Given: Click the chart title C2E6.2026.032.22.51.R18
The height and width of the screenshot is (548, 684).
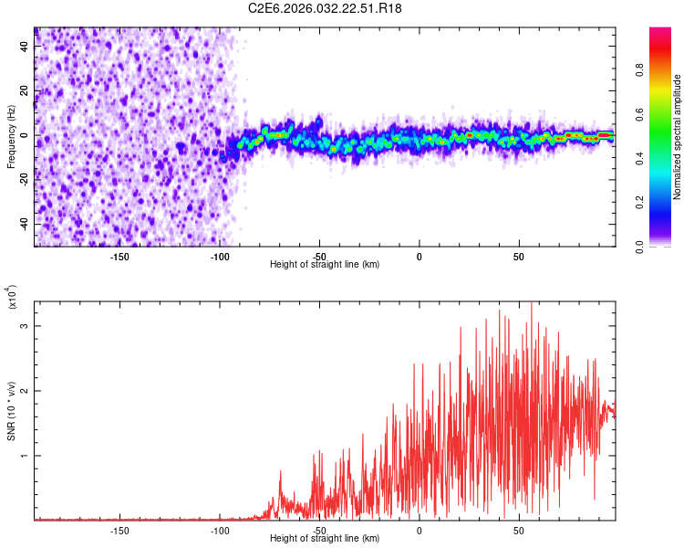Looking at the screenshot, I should coord(326,8).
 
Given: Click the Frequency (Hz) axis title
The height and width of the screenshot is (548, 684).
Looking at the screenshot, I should coord(11,137).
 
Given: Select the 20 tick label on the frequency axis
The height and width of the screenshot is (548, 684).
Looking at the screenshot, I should coord(25,90).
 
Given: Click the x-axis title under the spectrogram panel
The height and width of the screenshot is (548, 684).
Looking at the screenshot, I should coord(325,265).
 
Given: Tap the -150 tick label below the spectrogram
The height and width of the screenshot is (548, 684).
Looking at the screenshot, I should coord(119,256).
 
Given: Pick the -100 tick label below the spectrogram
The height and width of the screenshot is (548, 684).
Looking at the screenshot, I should coord(219,256).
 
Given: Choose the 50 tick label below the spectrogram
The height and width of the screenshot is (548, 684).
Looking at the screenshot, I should coord(518,256).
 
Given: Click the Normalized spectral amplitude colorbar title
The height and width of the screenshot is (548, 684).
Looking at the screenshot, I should coord(678,137).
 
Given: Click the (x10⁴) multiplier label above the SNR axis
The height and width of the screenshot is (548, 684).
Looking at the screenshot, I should coord(13,298).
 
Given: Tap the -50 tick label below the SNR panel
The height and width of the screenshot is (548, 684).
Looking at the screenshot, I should coord(319,530).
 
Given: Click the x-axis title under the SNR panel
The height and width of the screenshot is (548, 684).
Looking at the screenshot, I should coord(325,539).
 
